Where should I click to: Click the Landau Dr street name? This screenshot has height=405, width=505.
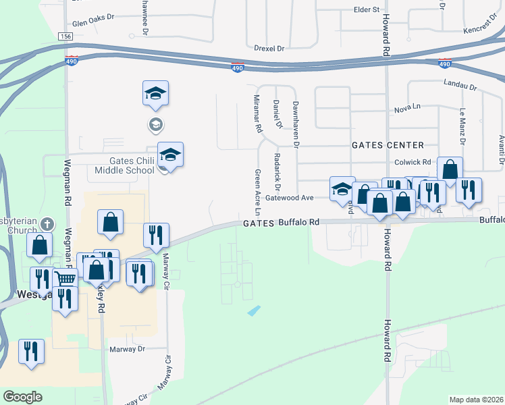coord(461,85)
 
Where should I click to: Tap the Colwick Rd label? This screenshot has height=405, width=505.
coord(413,162)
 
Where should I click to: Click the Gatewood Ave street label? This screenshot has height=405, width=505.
coord(290,197)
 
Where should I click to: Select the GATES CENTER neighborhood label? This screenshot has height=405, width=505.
coord(388,145)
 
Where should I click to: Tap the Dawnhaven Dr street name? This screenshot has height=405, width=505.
coord(295,122)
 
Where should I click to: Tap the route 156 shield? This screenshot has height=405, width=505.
coord(65,36)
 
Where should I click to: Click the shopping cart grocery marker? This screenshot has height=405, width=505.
coord(65,278)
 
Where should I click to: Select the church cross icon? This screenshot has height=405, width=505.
coord(47,223)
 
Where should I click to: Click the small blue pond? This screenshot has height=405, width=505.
coord(254,310)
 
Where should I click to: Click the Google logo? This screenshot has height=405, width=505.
coord(22,397)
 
